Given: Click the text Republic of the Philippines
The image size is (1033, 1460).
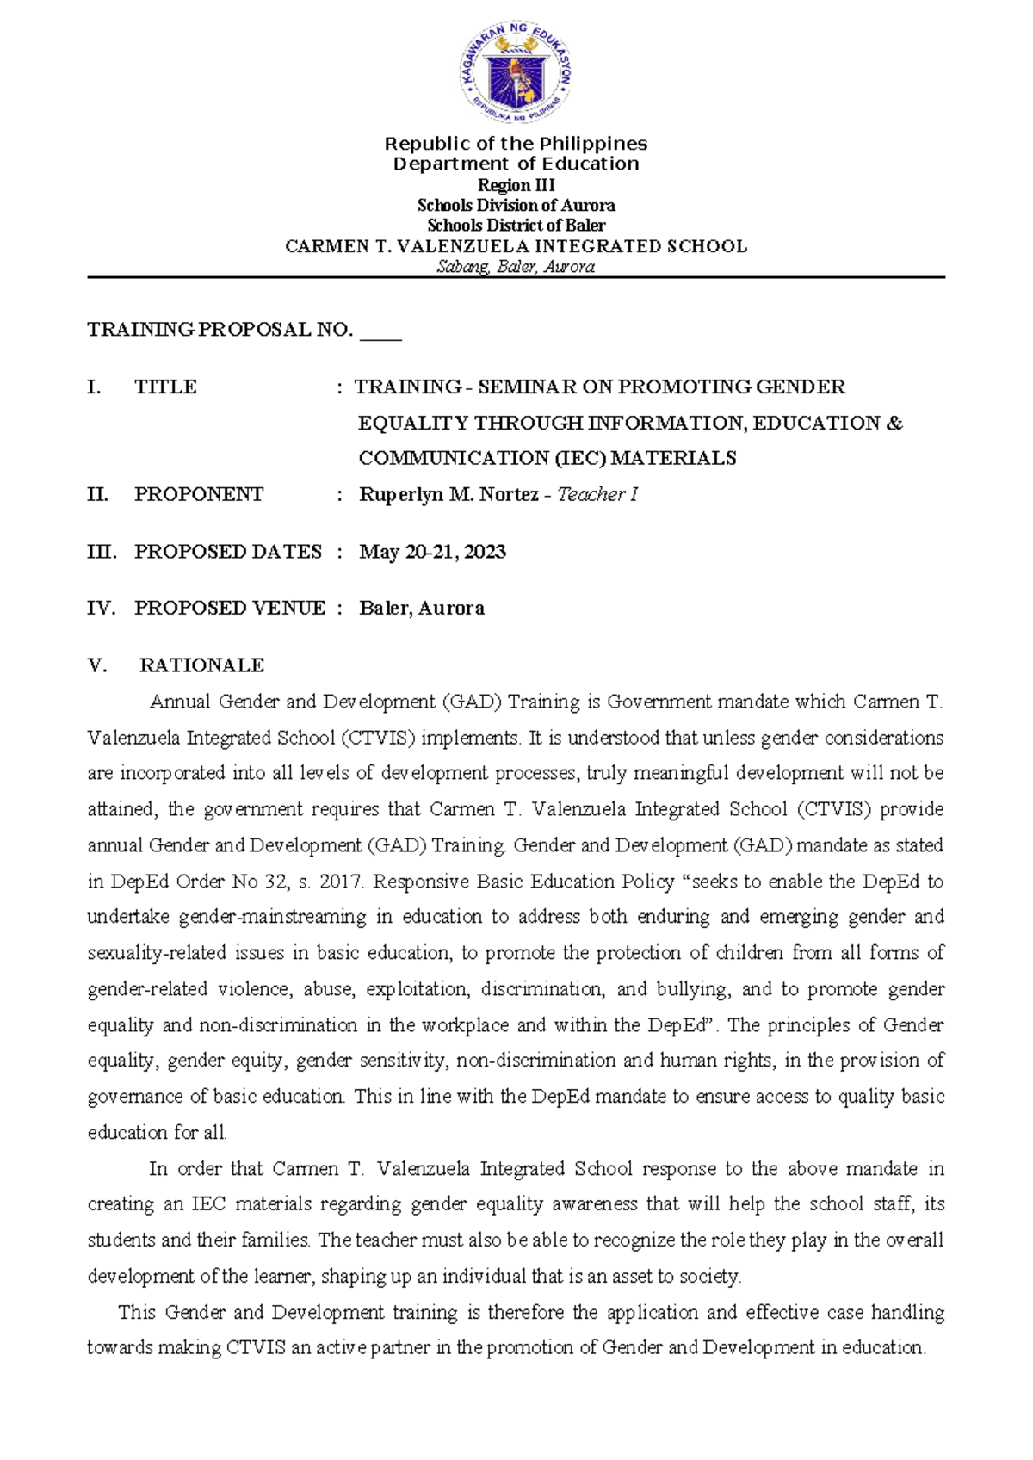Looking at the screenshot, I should pos(516,144).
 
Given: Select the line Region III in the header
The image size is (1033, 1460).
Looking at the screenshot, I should pos(516,185).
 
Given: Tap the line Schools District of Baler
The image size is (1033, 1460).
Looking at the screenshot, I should pos(516,226).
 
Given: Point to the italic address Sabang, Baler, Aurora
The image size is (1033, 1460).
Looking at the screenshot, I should pos(516,267).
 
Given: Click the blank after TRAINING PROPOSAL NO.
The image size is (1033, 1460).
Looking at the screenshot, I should pos(380,331).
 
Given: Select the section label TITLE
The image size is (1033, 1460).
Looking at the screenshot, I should pos(165,387).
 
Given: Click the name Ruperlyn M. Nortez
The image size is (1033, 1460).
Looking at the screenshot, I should pos(448,495).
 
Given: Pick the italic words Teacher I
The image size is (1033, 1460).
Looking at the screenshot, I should pos(597,495).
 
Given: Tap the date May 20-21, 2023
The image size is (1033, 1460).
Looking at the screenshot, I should pos(432,552).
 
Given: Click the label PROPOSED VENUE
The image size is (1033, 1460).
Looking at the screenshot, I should pos(230,609).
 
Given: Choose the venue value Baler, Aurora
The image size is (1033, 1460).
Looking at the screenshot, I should pos(422,609).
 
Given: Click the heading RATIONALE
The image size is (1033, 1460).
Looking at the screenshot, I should pos(201,665).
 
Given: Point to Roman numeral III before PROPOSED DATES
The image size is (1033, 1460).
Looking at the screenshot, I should pos(102,552).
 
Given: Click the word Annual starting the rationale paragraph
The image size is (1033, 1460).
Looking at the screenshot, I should pos(180,702).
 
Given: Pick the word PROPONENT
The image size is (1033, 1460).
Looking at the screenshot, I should pos(199,495).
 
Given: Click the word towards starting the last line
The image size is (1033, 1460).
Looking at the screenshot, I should pos(121,1348).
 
